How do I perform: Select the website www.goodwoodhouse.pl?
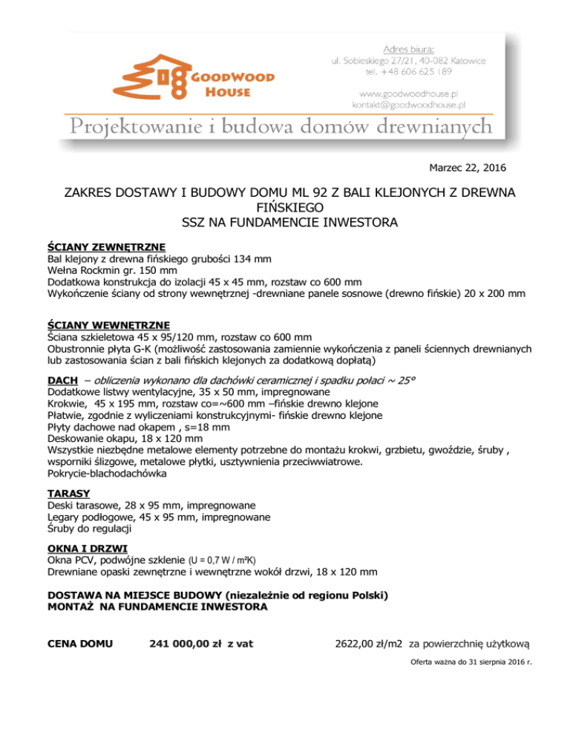[x=414, y=94]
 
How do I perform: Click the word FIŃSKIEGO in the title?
[x=284, y=206]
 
